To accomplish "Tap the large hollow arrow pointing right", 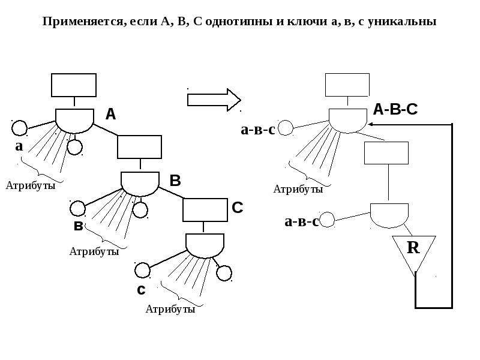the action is [x=214, y=100].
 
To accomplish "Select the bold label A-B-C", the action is [x=395, y=109].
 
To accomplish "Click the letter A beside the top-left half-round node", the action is [x=110, y=114].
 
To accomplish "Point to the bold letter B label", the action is [x=175, y=181].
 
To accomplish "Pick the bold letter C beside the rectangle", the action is [x=237, y=208].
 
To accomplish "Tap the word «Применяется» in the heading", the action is [x=85, y=22].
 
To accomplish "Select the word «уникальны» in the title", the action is [x=402, y=22].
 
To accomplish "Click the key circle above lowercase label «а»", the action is [x=20, y=128].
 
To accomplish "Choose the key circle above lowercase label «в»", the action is [x=78, y=209].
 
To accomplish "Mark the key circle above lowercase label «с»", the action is [x=142, y=270].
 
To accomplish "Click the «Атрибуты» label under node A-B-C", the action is [x=298, y=189].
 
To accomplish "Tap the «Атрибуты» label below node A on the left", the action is [x=31, y=185].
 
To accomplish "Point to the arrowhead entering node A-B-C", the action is [x=371, y=124].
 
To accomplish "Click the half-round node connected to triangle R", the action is [x=389, y=215].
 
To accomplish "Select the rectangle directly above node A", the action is [x=74, y=85].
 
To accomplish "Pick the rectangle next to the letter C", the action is [x=205, y=210].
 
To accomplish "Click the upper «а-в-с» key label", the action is [x=258, y=130].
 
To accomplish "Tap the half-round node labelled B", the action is [x=140, y=184].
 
